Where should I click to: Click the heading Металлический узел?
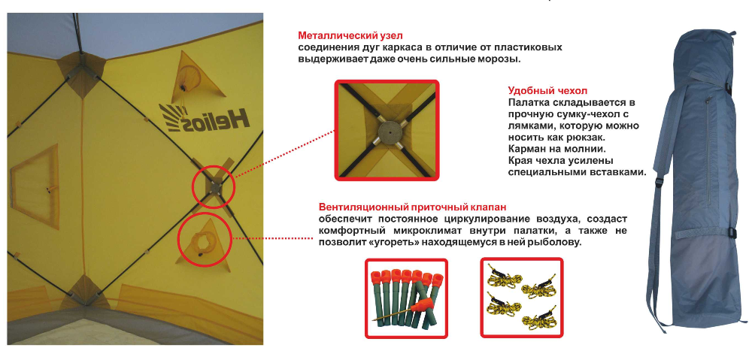350,35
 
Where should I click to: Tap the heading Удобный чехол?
547,91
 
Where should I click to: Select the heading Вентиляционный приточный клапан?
412,207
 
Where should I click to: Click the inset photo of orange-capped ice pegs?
406,298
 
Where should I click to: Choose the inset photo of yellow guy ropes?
522,298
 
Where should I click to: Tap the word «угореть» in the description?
394,243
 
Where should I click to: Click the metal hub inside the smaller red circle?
214,186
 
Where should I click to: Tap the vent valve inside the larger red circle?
202,241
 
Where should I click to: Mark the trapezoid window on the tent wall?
35,186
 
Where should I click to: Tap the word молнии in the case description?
587,148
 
